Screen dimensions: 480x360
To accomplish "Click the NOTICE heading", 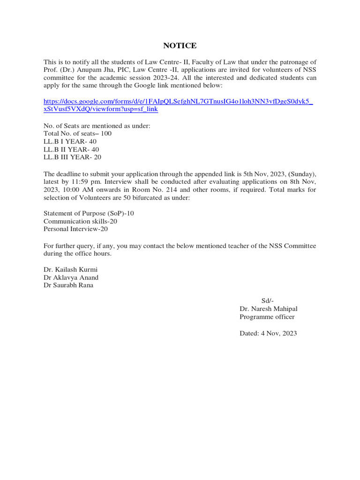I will (180, 45).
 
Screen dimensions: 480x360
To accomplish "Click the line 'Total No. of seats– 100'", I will (77, 134).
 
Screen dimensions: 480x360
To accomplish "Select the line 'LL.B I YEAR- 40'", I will (70, 142).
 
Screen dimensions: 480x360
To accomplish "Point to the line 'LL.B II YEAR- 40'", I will (71, 150).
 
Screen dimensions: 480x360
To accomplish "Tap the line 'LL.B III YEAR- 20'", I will (72, 157).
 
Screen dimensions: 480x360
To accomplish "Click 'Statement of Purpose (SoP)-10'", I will (89, 213).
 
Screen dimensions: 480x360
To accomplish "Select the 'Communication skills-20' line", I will (80, 221).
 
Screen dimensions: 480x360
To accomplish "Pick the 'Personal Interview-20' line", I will (75, 229).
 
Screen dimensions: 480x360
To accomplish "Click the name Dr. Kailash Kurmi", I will (70, 270).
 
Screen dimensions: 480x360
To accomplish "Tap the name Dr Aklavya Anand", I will (71, 277).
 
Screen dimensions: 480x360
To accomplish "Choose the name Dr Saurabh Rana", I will (68, 285).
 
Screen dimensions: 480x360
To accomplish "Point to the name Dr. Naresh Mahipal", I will (268, 309).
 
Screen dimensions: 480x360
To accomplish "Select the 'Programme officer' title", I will (267, 317).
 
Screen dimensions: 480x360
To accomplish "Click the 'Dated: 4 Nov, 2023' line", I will (268, 333).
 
